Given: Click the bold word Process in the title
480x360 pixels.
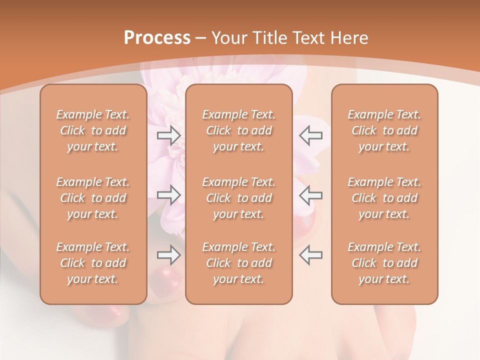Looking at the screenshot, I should tap(157, 38).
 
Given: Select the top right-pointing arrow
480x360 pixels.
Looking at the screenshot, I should tap(168, 135).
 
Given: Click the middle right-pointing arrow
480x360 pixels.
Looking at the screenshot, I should tap(168, 195).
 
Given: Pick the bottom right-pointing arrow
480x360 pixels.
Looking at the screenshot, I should tap(168, 255).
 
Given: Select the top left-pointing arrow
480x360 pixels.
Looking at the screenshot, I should tap(311, 135).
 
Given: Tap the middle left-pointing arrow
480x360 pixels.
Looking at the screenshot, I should tap(311, 195).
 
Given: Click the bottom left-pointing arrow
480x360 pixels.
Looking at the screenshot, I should tap(311, 255).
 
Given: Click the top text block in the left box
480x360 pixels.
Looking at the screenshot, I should tap(93, 130).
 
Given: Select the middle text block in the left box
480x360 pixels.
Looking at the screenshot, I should tap(93, 198).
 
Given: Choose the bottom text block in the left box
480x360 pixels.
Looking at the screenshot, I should tap(93, 263).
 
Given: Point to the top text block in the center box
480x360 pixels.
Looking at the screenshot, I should tap(238, 130).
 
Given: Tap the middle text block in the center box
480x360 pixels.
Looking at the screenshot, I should tap(238, 198).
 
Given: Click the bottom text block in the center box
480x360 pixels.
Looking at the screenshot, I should tap(238, 263).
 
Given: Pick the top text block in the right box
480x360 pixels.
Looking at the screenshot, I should tap(384, 130).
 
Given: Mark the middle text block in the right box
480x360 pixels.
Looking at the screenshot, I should tap(384, 198).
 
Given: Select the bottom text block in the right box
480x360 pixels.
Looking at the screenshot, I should tap(384, 263).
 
